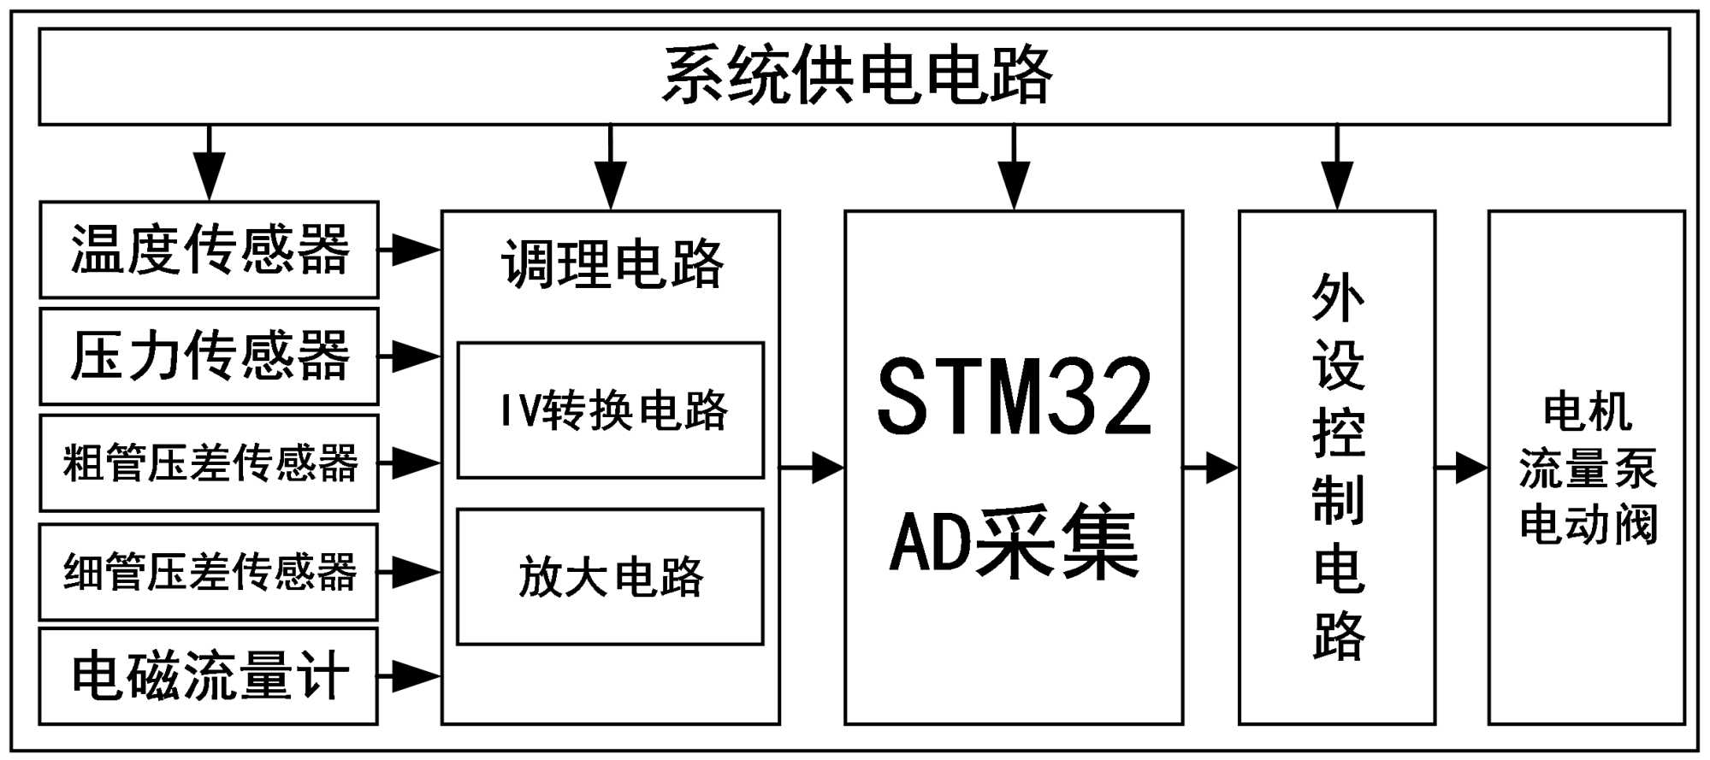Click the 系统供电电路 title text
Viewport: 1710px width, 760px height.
click(856, 76)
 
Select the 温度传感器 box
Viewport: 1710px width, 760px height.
click(210, 250)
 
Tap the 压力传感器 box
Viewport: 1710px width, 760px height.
click(210, 356)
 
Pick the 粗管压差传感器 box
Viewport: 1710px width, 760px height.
click(210, 463)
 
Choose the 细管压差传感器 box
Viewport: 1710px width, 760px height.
click(210, 572)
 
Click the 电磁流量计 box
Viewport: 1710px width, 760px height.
click(210, 676)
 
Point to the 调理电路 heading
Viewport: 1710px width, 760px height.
click(612, 264)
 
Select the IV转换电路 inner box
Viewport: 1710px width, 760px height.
click(611, 410)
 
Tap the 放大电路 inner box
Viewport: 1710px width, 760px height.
click(611, 577)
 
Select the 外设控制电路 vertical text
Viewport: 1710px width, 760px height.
click(1338, 467)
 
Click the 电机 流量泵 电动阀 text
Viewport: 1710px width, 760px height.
click(1588, 468)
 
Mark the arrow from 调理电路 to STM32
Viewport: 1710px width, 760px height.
click(813, 468)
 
